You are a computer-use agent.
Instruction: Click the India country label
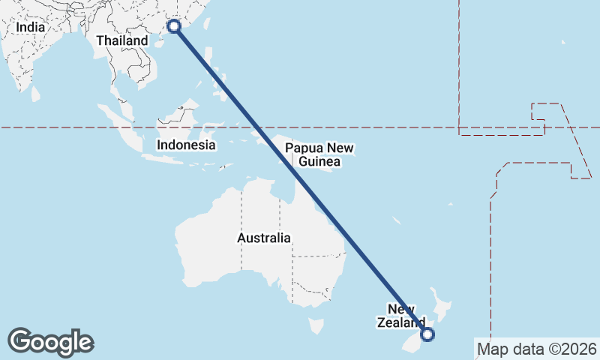pos(31,27)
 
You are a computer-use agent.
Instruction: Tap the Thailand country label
pos(121,40)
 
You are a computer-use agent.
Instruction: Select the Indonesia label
pos(186,145)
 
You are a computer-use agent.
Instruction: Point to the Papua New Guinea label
pos(319,154)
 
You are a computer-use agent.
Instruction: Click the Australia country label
pos(263,238)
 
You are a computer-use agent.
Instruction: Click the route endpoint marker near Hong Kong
pos(174,26)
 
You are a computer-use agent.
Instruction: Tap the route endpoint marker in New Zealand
pos(427,334)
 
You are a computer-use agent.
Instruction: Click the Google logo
pos(50,342)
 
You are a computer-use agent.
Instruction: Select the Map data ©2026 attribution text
pos(536,349)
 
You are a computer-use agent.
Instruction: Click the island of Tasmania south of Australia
pos(316,326)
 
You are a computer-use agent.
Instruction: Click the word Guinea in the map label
pos(319,161)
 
